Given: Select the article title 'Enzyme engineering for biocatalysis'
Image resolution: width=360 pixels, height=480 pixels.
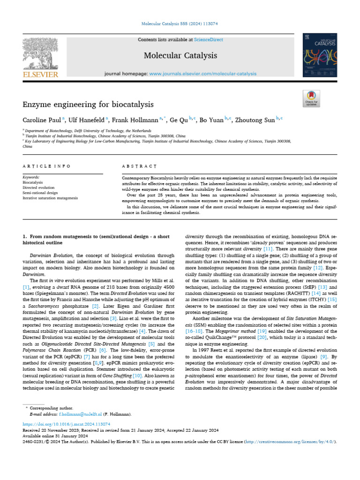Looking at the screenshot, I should pos(88,104).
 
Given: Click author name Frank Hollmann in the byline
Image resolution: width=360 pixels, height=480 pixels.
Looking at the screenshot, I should pos(138,120).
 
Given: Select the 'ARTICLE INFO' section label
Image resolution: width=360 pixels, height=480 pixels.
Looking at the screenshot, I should pos(47,166).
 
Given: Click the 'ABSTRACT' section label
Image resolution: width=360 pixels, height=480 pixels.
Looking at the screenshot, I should pos(139,166).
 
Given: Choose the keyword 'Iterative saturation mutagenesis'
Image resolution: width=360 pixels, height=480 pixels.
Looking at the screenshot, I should pos(50,198).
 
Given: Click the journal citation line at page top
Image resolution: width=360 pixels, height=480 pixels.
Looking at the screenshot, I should pos(180,24).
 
